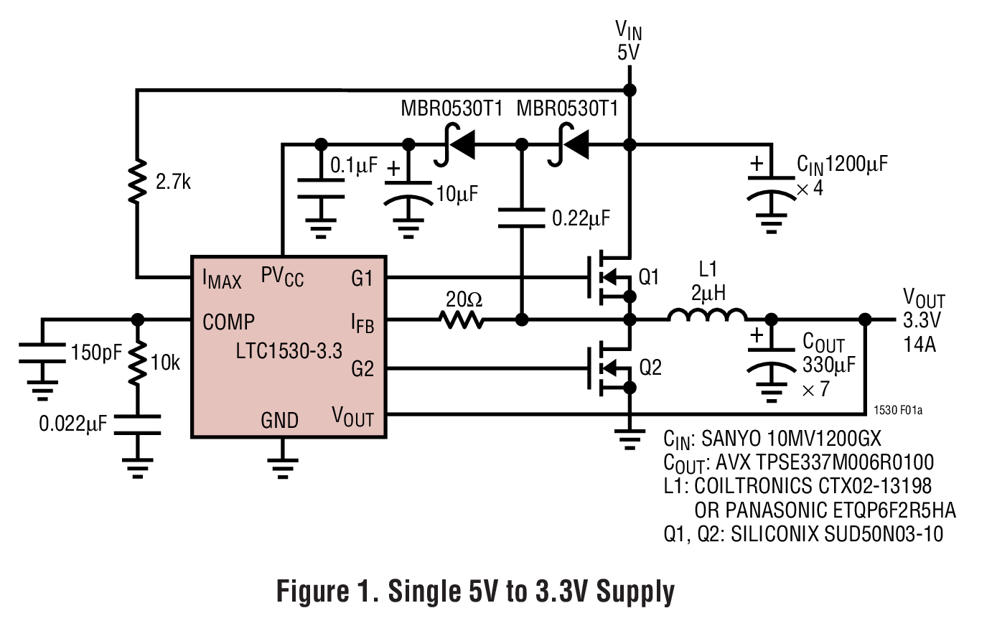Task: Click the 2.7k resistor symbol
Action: click(137, 181)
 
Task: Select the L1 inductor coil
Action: click(707, 315)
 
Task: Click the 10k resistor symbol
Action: click(137, 363)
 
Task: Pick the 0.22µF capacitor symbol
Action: click(522, 218)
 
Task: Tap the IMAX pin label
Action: click(222, 279)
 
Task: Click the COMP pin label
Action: click(228, 322)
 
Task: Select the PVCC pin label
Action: click(282, 277)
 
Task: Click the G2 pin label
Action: click(362, 369)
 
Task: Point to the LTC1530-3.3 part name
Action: click(289, 351)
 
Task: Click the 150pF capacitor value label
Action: click(96, 352)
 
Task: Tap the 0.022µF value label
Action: click(72, 424)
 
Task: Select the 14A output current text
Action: click(920, 345)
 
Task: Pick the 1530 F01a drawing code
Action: click(897, 411)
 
